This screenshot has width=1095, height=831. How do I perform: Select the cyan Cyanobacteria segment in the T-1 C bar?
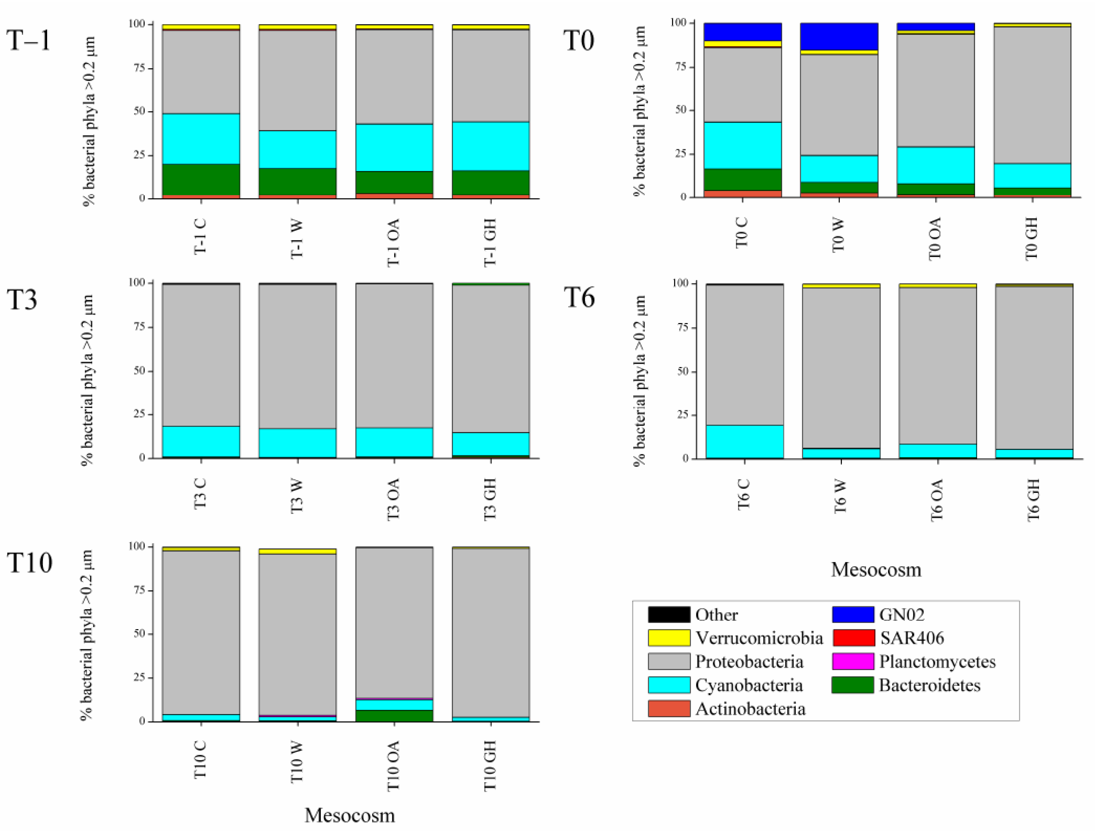tap(201, 138)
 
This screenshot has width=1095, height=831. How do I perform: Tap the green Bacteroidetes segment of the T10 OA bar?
tap(394, 715)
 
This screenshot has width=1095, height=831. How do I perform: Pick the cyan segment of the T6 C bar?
tap(744, 442)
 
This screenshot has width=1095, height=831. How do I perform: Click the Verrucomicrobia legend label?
tap(759, 638)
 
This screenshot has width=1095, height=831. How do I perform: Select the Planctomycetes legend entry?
tap(937, 662)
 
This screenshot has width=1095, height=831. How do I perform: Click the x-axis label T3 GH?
tap(490, 499)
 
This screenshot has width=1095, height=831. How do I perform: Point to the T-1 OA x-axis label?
tap(394, 243)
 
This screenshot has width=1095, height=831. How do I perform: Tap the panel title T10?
tap(30, 563)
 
